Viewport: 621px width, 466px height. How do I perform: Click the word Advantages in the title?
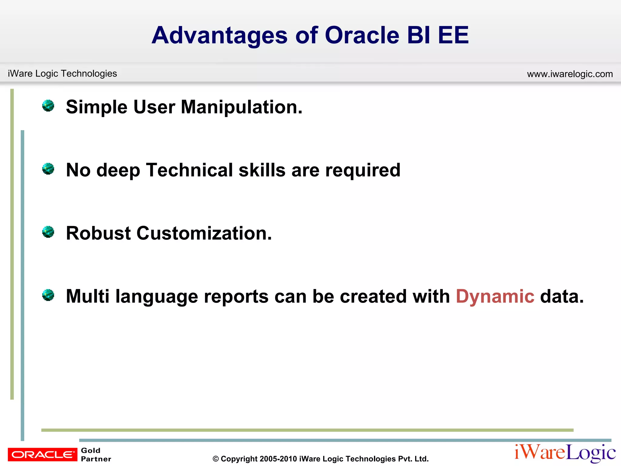pyautogui.click(x=219, y=36)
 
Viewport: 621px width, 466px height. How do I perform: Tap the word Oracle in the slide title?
pyautogui.click(x=362, y=35)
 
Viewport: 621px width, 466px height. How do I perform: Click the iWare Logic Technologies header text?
pyautogui.click(x=62, y=73)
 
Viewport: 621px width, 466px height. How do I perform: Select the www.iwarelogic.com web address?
pyautogui.click(x=570, y=74)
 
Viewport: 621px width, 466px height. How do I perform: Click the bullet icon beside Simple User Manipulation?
pyautogui.click(x=48, y=106)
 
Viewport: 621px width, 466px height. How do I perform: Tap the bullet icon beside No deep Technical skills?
pyautogui.click(x=48, y=169)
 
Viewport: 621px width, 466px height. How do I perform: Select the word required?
pyautogui.click(x=363, y=171)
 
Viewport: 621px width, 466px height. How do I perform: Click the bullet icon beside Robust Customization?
pyautogui.click(x=48, y=232)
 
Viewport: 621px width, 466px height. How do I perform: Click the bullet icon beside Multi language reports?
pyautogui.click(x=48, y=295)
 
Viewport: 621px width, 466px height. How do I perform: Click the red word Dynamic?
pyautogui.click(x=495, y=296)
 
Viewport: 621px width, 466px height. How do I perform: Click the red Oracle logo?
pyautogui.click(x=42, y=454)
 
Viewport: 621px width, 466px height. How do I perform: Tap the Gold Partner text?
pyautogui.click(x=96, y=454)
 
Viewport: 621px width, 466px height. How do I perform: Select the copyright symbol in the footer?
pyautogui.click(x=216, y=459)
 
